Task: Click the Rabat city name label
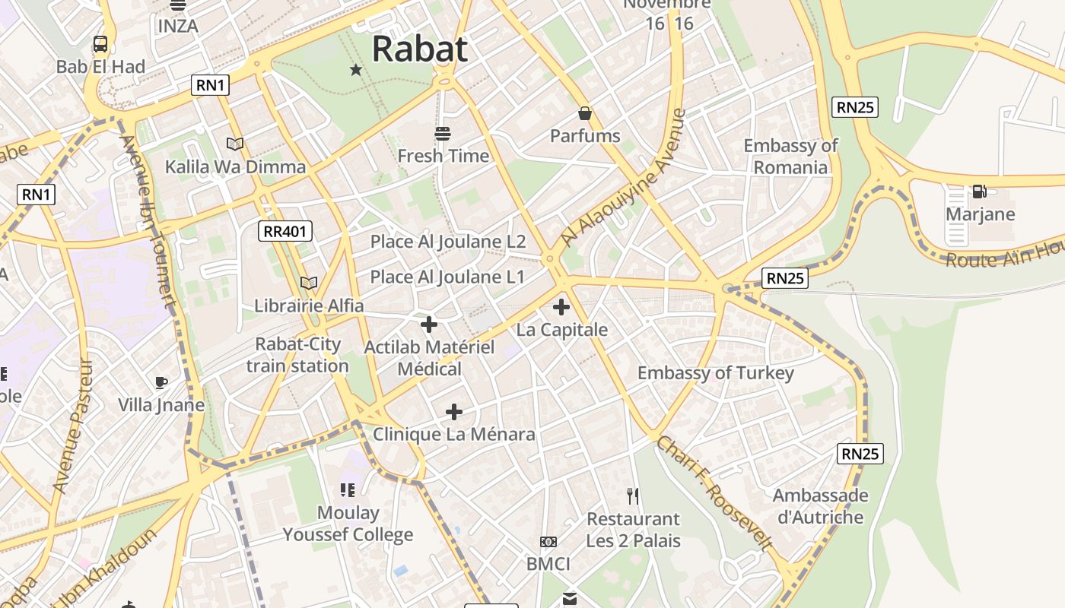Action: coord(419,49)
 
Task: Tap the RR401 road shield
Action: coord(286,232)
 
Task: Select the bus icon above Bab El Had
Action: coord(100,44)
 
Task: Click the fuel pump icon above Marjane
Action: coord(980,192)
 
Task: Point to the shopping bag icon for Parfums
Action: coord(585,114)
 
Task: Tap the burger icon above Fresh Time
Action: coord(443,135)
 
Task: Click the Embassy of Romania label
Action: coord(790,157)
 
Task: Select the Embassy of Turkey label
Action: coord(715,373)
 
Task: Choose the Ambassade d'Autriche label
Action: coord(820,506)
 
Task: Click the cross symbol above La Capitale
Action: coord(561,307)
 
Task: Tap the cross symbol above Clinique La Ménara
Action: coord(454,412)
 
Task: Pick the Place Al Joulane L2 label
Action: coord(448,242)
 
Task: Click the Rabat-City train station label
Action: coord(297,355)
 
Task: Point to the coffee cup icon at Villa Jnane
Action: coord(161,382)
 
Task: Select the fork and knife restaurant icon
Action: coord(633,496)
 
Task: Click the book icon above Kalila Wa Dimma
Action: coord(235,144)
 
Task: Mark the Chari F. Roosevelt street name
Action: coord(714,492)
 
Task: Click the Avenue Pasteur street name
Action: coord(74,426)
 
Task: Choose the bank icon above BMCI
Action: coord(548,542)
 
